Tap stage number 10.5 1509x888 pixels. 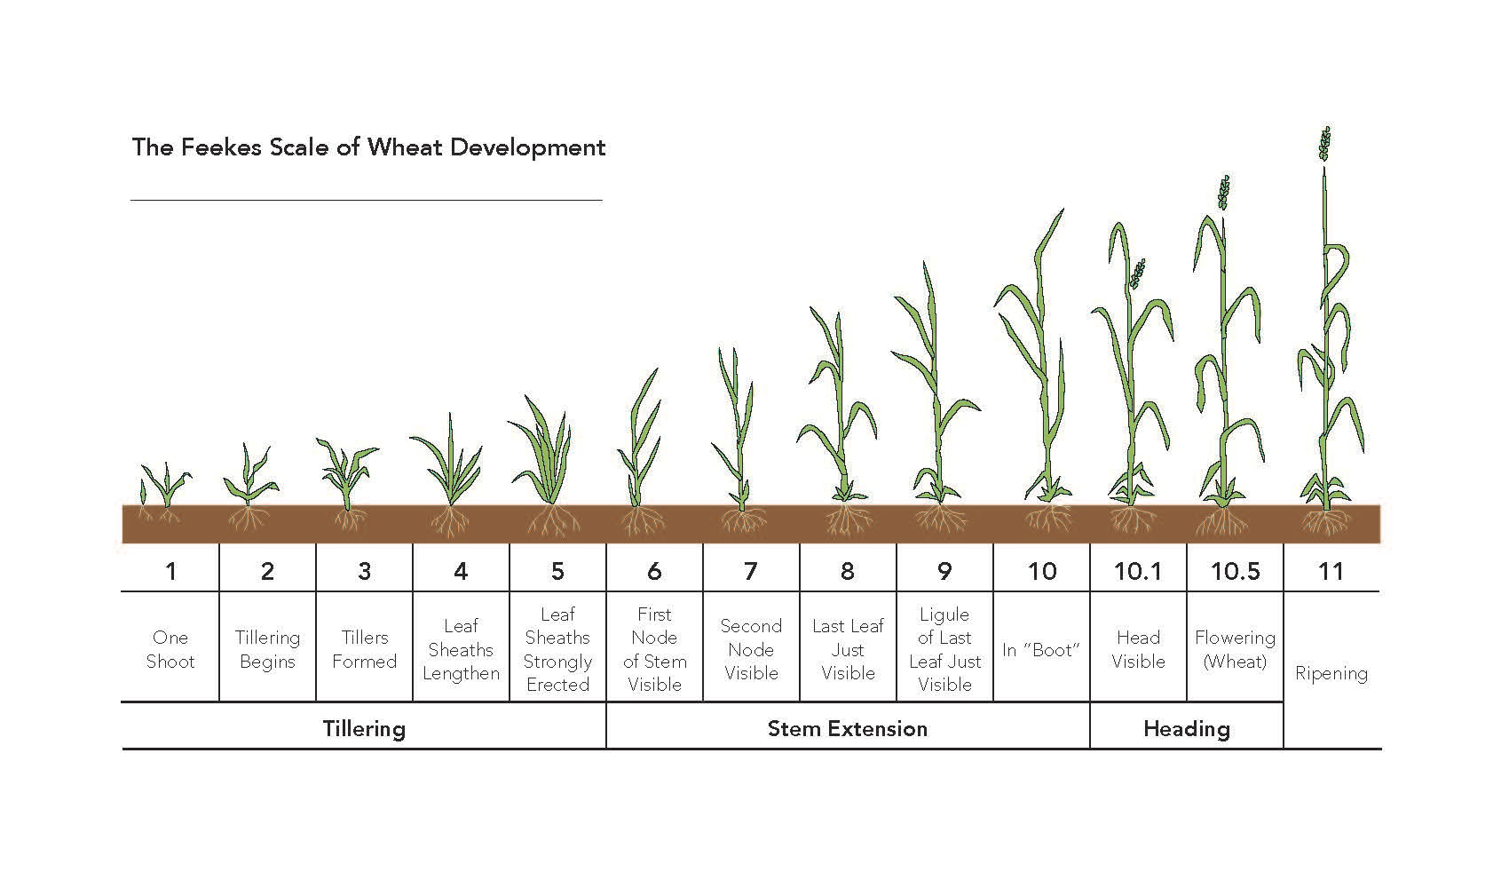[1235, 571]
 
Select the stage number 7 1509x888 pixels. [751, 571]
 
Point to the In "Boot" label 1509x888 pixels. [1040, 650]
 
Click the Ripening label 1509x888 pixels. [1331, 673]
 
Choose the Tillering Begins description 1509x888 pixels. [267, 649]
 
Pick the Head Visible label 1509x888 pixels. [1138, 649]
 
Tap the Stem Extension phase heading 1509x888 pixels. [847, 729]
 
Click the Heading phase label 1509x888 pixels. [1186, 729]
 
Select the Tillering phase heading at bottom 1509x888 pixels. [364, 729]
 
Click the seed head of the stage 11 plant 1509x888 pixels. [1325, 144]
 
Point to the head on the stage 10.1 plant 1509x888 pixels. [1137, 274]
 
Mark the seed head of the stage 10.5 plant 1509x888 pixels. [1225, 193]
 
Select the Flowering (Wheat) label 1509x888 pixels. [1235, 649]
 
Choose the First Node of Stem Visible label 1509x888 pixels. [654, 649]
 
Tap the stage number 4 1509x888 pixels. [461, 571]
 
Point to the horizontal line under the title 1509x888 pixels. [366, 201]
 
